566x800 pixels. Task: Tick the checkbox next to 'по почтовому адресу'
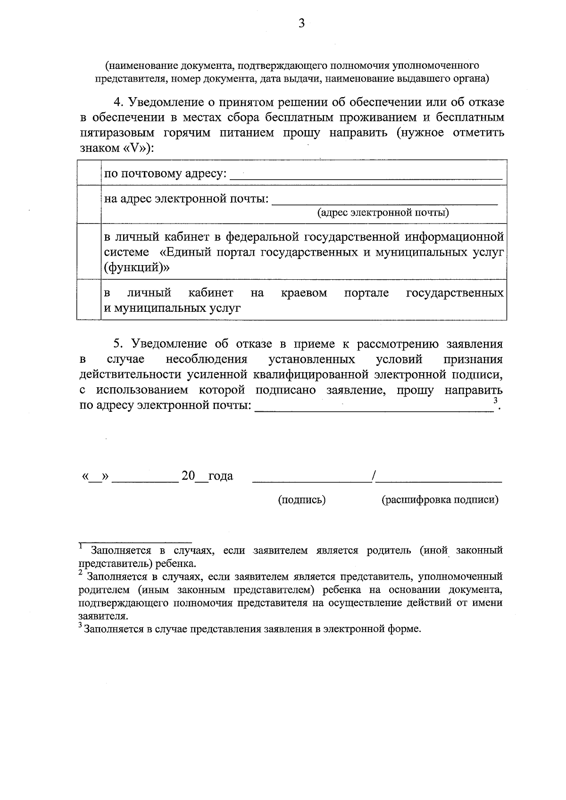[89, 173]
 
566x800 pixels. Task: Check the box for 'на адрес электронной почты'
[89, 204]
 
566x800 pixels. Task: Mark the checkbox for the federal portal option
[89, 252]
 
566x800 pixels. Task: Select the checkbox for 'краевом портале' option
[89, 300]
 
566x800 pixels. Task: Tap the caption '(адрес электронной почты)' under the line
[383, 213]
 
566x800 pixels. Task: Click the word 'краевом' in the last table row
[304, 293]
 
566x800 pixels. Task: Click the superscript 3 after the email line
[495, 400]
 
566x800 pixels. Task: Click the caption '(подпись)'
[302, 500]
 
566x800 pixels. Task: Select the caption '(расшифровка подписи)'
[440, 500]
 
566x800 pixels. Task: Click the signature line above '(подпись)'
[311, 480]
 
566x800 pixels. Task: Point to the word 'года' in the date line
[221, 476]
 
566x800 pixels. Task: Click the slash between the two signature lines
[373, 477]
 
